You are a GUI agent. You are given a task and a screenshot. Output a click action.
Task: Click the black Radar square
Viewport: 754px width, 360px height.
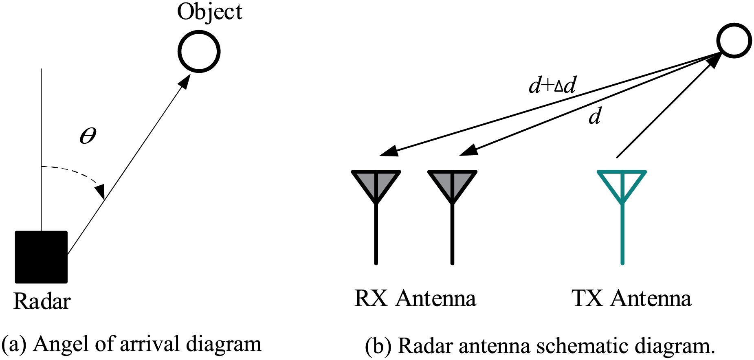(x=41, y=257)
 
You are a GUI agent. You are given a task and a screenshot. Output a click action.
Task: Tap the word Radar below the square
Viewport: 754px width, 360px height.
(x=42, y=302)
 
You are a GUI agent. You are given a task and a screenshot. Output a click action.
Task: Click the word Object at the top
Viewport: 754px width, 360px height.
(x=209, y=12)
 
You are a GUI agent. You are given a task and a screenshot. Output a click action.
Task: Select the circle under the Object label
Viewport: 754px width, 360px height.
(x=199, y=52)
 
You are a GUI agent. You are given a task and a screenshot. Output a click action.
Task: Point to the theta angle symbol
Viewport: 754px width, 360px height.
(x=88, y=136)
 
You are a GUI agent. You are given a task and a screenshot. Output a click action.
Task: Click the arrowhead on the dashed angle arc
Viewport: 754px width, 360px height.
(x=100, y=190)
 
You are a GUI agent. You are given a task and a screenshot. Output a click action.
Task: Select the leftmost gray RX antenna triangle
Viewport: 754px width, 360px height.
(x=376, y=184)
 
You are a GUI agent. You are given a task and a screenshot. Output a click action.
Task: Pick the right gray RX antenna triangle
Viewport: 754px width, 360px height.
(x=452, y=184)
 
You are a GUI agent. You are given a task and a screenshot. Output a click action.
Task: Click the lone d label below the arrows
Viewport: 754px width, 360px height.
(x=595, y=117)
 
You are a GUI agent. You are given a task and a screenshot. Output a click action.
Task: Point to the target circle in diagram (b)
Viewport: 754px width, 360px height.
(x=734, y=40)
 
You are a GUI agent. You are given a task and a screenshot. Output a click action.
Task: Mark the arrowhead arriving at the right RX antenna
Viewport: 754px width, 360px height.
(x=468, y=150)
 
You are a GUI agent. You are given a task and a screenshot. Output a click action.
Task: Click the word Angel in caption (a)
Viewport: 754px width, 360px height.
(x=60, y=344)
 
